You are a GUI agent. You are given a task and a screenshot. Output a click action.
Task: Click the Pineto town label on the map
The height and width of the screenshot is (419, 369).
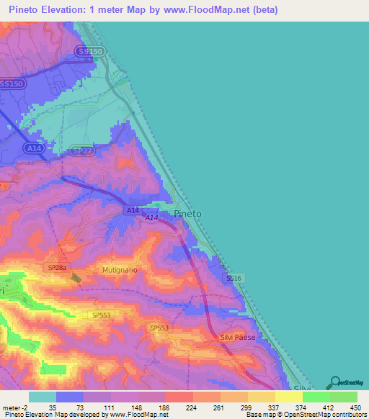tap(188, 214)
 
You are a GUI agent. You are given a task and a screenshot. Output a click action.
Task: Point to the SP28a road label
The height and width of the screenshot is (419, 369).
tap(57, 268)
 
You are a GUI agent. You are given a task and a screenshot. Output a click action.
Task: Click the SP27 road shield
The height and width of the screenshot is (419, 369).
tap(82, 150)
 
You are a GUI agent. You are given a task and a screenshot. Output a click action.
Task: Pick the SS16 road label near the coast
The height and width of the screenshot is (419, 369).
tap(233, 278)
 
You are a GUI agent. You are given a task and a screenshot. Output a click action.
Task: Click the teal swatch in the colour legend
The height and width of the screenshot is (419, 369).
tap(43, 397)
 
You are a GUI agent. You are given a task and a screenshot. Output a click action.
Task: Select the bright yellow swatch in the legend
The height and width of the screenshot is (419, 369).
tap(288, 397)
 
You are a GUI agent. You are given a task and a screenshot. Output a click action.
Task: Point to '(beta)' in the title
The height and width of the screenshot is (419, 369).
tap(262, 10)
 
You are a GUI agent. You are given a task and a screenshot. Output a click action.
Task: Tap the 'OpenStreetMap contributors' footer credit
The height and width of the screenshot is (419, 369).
tap(326, 415)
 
